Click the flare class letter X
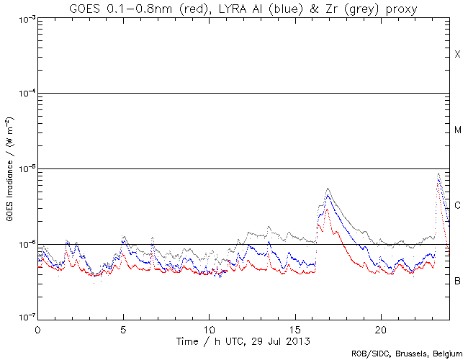pyautogui.click(x=457, y=55)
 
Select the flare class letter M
pyautogui.click(x=457, y=130)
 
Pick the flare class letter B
pyautogui.click(x=457, y=281)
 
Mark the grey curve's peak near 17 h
pyautogui.click(x=328, y=189)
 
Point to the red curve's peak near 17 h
pyautogui.click(x=327, y=210)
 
